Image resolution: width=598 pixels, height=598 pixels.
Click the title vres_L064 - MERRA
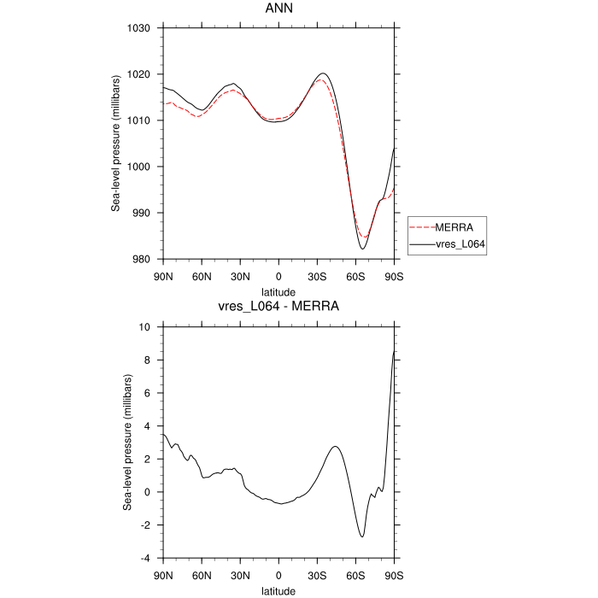tap(278, 309)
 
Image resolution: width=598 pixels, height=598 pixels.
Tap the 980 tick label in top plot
tap(142, 260)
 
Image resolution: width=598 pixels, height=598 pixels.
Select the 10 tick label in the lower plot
tap(145, 327)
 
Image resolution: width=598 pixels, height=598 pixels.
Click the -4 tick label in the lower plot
tap(145, 558)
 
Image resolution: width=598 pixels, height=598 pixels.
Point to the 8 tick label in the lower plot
tap(148, 361)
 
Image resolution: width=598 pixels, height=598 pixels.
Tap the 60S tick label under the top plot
tap(355, 277)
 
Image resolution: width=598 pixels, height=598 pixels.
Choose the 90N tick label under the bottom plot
tap(163, 575)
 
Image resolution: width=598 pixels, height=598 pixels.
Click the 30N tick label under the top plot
tap(240, 277)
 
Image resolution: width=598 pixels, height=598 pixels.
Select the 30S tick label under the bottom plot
tap(317, 575)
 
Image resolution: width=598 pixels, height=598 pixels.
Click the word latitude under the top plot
tap(278, 291)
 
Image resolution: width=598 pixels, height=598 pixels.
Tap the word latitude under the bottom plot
tap(278, 590)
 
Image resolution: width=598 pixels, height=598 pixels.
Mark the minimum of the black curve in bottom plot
tap(362, 536)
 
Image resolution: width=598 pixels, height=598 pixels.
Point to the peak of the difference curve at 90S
tap(394, 351)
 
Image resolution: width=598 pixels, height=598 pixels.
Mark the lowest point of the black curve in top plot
tap(362, 249)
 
